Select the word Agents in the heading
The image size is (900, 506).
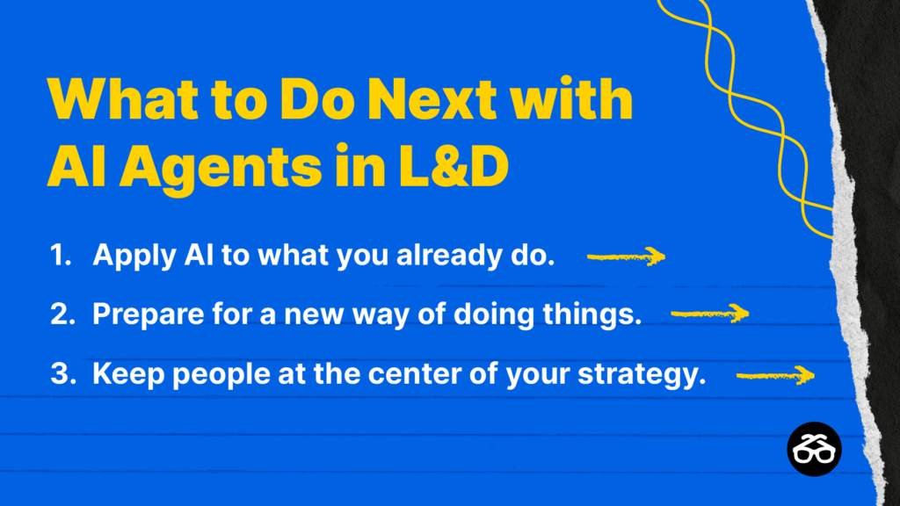tap(221, 168)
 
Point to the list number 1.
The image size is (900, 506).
tap(61, 254)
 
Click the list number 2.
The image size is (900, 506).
tap(62, 314)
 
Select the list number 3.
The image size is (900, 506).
tap(62, 373)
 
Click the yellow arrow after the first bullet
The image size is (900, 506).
tap(626, 257)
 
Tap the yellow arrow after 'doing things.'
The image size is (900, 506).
tap(710, 314)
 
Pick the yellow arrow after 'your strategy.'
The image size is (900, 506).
tap(775, 375)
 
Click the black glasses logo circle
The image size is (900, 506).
tap(814, 449)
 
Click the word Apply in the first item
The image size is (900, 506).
tap(134, 256)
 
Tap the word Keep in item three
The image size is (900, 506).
tap(128, 374)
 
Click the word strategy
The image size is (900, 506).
tap(642, 375)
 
